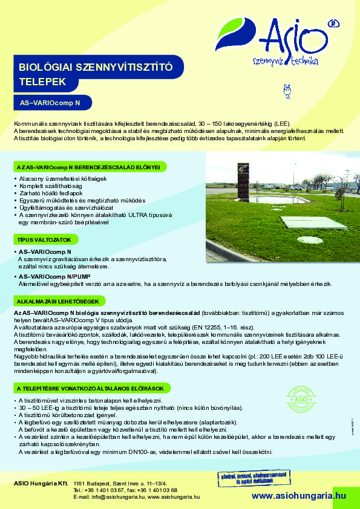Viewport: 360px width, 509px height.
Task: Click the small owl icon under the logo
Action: [287, 91]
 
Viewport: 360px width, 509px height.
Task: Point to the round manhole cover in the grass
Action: [310, 239]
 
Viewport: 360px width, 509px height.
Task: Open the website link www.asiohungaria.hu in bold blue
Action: [298, 495]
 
